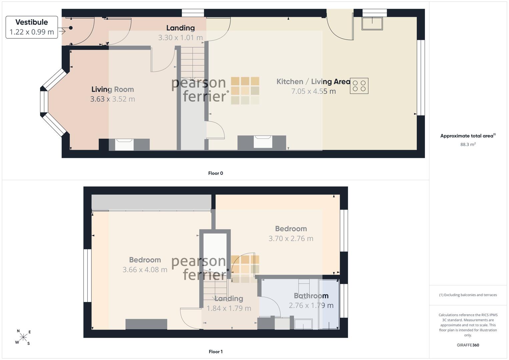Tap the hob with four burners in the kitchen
point(359,86)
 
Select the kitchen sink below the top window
point(372,23)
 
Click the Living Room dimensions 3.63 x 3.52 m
point(112,99)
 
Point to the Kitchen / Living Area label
point(313,81)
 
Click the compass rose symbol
point(23,337)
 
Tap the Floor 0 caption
point(216,173)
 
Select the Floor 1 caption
point(216,352)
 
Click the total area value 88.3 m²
point(468,144)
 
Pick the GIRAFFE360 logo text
point(468,345)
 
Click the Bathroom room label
point(311,296)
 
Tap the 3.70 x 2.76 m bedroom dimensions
point(291,238)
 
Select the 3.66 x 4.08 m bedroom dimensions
point(145,270)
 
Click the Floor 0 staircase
point(193,63)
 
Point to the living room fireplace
point(124,144)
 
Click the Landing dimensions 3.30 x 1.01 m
point(180,37)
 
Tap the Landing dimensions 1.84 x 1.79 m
point(229,308)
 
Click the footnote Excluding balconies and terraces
point(468,295)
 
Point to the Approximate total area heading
point(468,136)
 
